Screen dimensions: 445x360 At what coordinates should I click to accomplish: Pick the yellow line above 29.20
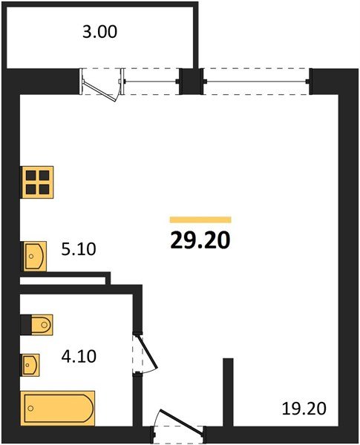pos(200,220)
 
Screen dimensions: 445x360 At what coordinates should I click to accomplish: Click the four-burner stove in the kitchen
pos(36,181)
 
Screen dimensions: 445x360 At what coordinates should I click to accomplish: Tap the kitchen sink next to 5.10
pos(33,255)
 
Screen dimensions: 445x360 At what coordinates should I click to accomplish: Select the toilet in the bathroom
pos(37,323)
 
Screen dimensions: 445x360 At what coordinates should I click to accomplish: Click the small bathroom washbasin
pos(30,364)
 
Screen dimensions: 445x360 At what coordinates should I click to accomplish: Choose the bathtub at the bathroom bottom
pos(58,407)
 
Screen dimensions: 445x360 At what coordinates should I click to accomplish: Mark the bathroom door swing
pos(146,355)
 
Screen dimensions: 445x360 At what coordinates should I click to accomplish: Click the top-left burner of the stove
pos(30,175)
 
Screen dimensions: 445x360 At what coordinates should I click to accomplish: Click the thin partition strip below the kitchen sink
pos(64,278)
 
